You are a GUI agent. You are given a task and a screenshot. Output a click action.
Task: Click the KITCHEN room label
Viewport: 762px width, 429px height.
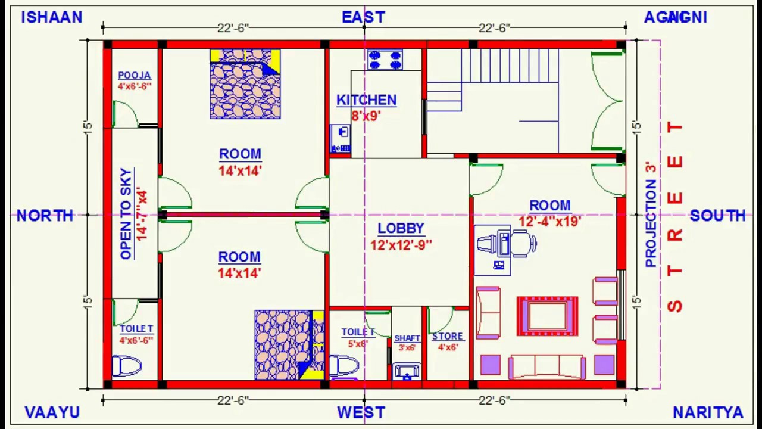[x=366, y=100]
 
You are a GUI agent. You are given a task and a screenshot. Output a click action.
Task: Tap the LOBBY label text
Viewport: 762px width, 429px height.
[x=401, y=229]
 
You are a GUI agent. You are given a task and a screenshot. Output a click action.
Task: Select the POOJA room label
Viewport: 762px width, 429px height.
[x=134, y=76]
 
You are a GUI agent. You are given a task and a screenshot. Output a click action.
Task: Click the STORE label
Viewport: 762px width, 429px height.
[x=448, y=337]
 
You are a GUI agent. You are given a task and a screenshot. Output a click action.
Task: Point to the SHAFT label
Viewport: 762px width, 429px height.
[x=407, y=338]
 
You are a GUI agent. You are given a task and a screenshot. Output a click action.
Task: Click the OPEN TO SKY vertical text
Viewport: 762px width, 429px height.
[x=126, y=213]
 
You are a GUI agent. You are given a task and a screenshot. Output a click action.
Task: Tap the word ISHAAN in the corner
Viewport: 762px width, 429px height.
[x=52, y=17]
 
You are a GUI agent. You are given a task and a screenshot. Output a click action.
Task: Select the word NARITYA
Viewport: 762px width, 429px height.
[x=708, y=412]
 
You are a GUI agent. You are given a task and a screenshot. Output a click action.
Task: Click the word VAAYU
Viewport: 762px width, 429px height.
[x=52, y=412]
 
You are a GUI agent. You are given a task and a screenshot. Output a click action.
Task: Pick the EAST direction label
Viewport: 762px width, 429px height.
[x=363, y=17]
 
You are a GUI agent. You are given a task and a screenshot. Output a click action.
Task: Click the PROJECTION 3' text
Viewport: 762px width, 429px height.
[x=651, y=214]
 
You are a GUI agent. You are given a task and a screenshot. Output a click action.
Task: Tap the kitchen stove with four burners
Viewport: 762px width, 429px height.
[x=385, y=60]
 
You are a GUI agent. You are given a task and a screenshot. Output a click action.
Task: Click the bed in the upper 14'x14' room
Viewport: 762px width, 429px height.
[x=245, y=85]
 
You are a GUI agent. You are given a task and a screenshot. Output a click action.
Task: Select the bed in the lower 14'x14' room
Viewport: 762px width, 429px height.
[x=289, y=344]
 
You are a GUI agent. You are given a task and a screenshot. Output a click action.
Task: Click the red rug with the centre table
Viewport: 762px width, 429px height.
[x=547, y=316]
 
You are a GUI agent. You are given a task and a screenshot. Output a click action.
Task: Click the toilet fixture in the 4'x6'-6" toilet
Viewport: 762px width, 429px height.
[x=127, y=365]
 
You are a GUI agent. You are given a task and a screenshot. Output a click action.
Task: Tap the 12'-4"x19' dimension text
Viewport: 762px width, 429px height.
[x=549, y=222]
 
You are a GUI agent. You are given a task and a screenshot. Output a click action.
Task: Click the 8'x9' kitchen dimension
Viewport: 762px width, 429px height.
[x=366, y=116]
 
